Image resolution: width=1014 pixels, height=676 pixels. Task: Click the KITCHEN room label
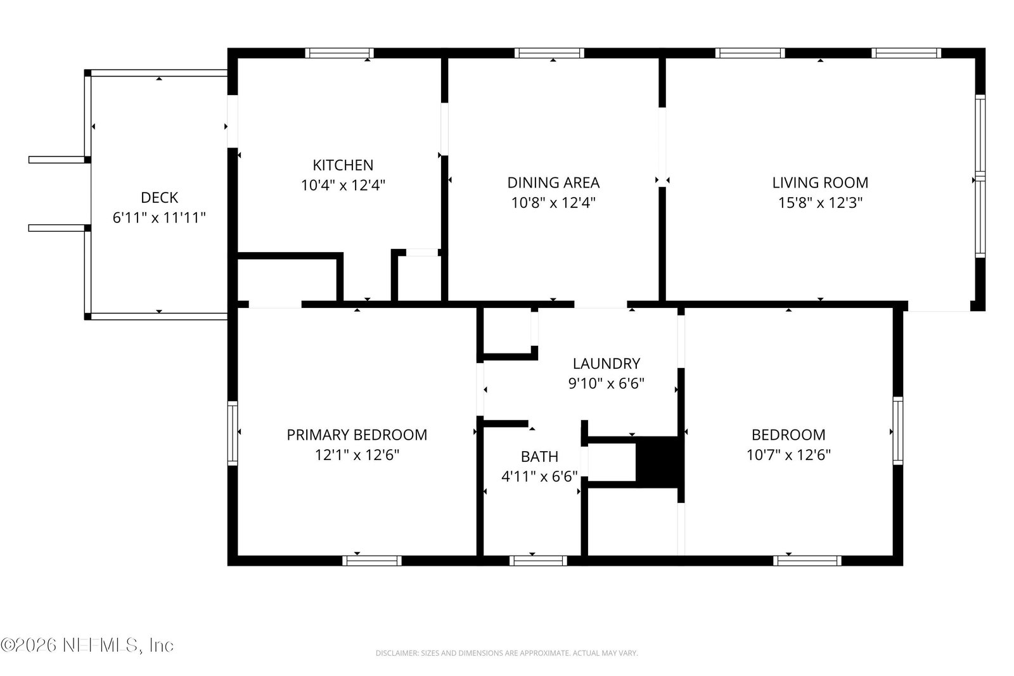[343, 165]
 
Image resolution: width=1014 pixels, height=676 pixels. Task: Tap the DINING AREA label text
[553, 183]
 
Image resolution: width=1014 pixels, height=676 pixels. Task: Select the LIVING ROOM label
[820, 183]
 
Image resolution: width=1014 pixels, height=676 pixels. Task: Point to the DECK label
[159, 198]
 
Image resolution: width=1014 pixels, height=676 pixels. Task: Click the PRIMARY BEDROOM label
[357, 435]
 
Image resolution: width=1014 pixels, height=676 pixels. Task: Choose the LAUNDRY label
[606, 364]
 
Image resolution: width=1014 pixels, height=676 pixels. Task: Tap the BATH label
[539, 457]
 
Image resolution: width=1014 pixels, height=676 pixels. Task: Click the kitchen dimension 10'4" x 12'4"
[343, 185]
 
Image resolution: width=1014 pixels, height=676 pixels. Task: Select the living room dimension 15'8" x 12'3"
[820, 203]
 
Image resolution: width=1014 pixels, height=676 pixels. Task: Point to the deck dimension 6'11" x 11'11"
[159, 218]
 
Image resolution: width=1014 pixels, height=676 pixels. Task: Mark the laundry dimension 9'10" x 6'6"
[606, 384]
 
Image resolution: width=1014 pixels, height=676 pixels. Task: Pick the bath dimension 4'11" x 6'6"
[539, 476]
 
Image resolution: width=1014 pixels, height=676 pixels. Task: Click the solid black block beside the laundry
[657, 462]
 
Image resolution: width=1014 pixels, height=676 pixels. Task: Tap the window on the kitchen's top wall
[340, 53]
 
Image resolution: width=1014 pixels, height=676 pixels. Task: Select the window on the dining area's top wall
[549, 53]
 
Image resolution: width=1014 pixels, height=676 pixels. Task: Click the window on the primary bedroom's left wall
[232, 433]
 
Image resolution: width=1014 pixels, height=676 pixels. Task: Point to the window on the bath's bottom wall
[538, 561]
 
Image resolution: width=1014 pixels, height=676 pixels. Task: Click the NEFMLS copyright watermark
[87, 645]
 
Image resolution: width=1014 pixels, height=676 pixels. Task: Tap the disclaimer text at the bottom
[506, 653]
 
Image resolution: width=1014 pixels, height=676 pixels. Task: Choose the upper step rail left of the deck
[57, 160]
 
